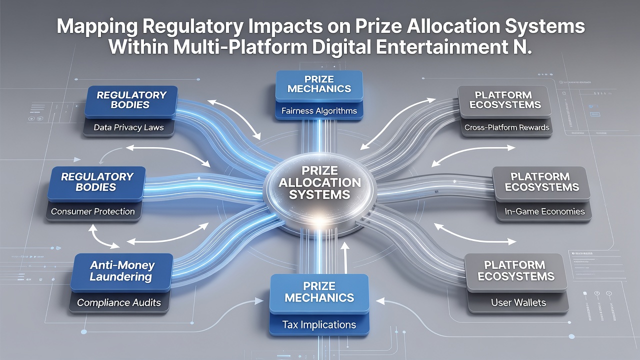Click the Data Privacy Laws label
point(128,127)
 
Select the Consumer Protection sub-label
point(93,211)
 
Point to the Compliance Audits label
point(119,302)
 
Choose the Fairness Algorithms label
point(319,111)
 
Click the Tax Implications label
point(319,325)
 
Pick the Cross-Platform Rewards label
point(506,127)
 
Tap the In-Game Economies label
point(544,211)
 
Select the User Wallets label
point(518,302)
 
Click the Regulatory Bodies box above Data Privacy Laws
point(131,101)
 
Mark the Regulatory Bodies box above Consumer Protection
point(97,183)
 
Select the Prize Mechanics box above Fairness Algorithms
point(319,85)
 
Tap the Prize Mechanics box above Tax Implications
point(319,293)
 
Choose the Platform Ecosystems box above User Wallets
point(516,272)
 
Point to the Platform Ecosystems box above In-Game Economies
point(541,183)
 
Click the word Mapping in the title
point(97,27)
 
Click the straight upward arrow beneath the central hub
point(345,257)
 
